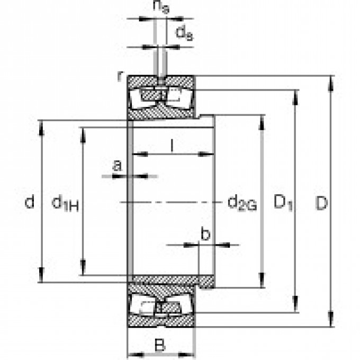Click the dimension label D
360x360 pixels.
coord(322,202)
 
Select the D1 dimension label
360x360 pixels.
coord(283,202)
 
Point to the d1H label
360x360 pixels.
coord(65,202)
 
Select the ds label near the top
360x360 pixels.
coord(183,34)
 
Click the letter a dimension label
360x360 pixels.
coord(118,165)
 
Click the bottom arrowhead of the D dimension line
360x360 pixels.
coord(331,322)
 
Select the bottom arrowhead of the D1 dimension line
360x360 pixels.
coord(295,307)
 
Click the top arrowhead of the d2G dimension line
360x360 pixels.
coord(262,119)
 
